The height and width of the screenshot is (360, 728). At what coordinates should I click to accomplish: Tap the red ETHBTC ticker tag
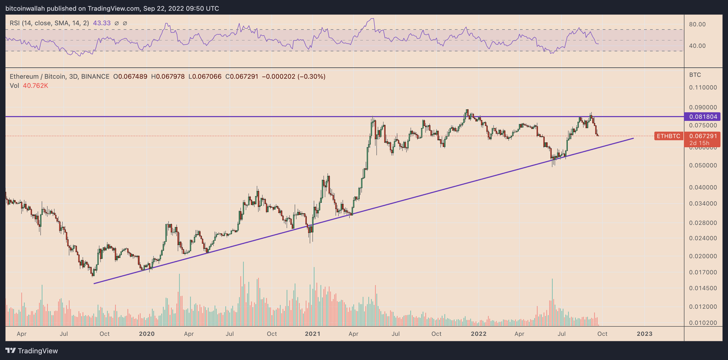(668, 136)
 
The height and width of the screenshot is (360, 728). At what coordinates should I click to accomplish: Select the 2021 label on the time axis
(313, 333)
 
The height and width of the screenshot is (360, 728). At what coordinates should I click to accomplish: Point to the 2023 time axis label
(644, 333)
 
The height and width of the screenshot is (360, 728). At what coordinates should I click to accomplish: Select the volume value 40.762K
(35, 86)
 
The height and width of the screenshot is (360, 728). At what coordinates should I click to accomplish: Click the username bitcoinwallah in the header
(24, 9)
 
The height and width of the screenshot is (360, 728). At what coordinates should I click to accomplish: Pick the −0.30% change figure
(311, 77)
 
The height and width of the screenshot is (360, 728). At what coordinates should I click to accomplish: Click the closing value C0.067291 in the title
(242, 77)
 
